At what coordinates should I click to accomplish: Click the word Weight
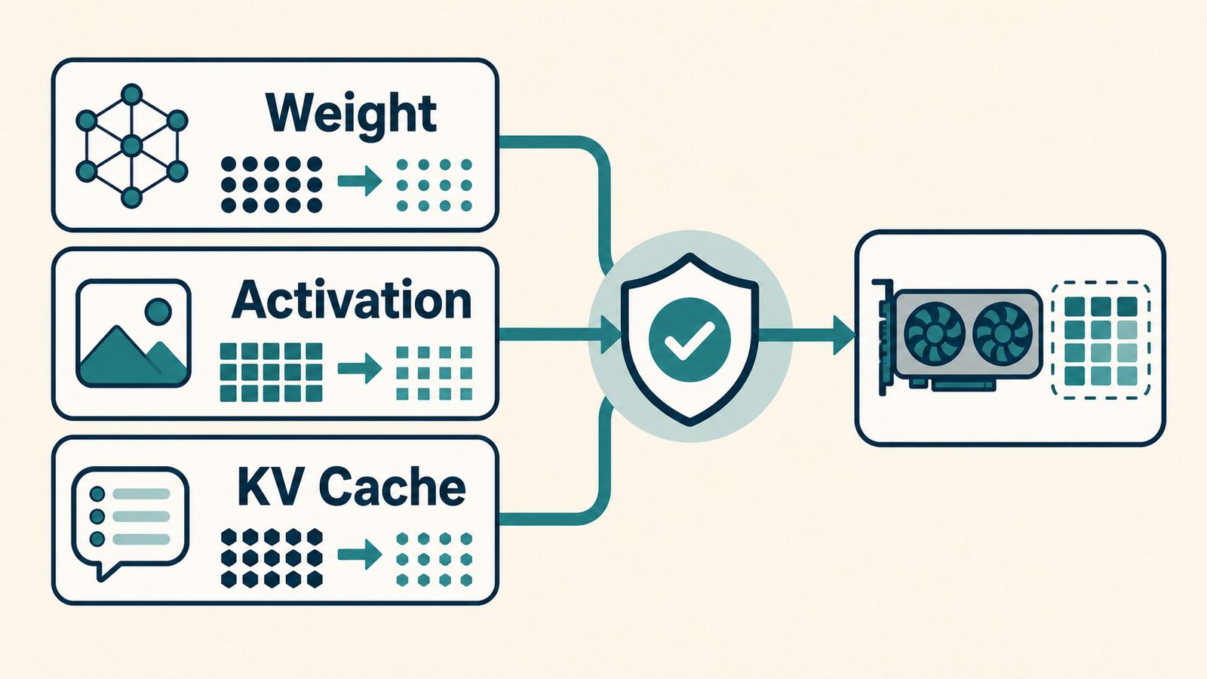[x=351, y=115]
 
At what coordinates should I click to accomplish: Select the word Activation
[x=352, y=300]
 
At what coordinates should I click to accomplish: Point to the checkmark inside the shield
[x=689, y=340]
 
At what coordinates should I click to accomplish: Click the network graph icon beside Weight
[x=131, y=146]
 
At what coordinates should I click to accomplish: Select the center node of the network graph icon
[x=131, y=146]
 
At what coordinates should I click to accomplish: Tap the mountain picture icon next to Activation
[x=133, y=333]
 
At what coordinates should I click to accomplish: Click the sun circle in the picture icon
[x=158, y=312]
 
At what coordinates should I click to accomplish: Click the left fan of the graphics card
[x=934, y=335]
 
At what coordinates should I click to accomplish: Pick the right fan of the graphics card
[x=1003, y=335]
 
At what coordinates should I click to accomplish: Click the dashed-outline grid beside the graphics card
[x=1101, y=340]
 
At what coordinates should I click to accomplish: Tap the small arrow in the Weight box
[x=359, y=181]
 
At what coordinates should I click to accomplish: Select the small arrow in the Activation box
[x=359, y=369]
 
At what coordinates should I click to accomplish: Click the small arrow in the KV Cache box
[x=359, y=555]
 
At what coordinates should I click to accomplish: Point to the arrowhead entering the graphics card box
[x=844, y=336]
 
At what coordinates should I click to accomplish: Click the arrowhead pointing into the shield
[x=611, y=335]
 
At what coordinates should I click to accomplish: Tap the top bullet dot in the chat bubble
[x=97, y=493]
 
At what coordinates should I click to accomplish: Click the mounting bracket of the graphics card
[x=883, y=337]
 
